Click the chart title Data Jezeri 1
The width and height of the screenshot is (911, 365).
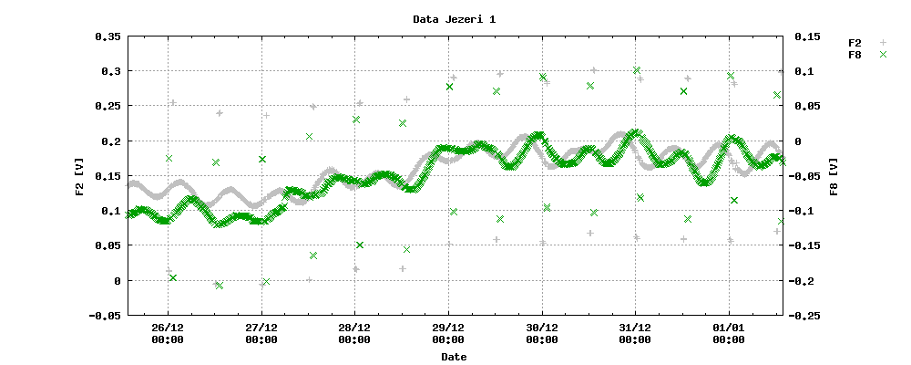[x=455, y=18]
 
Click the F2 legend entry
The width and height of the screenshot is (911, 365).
[x=855, y=43]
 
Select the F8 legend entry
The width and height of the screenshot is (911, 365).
[x=855, y=56]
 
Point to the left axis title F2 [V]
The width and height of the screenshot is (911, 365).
[x=79, y=176]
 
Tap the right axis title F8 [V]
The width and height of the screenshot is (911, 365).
[x=832, y=176]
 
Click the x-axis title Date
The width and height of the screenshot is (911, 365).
[x=454, y=357]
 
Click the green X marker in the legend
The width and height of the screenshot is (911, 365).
[x=882, y=56]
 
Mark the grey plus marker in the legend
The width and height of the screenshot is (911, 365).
[x=882, y=43]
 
